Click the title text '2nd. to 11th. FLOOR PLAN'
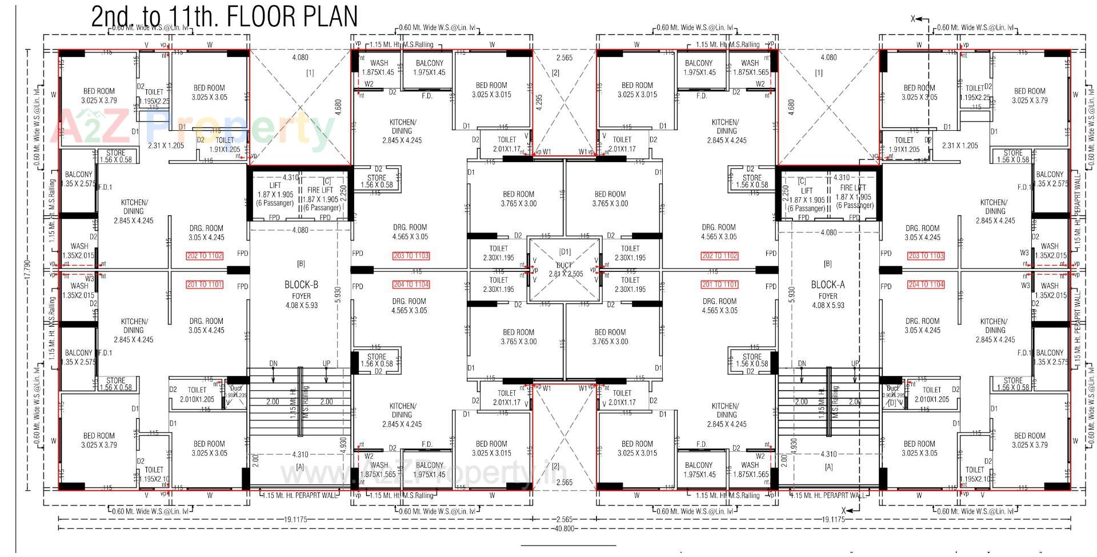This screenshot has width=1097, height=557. click(x=224, y=16)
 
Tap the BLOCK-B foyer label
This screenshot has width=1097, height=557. click(x=301, y=284)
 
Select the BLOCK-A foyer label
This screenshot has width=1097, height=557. click(x=827, y=284)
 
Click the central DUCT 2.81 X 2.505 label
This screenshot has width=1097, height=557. click(x=566, y=270)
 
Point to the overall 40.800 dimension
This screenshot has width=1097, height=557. click(x=564, y=528)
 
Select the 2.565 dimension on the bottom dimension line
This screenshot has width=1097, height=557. click(x=564, y=519)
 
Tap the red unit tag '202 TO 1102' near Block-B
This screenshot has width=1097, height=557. click(x=205, y=256)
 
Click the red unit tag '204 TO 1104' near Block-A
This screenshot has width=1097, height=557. click(x=926, y=284)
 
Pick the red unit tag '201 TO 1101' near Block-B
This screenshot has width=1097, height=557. click(x=205, y=284)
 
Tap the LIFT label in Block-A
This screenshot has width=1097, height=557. click(x=806, y=191)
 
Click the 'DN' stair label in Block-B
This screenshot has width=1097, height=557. click(x=273, y=363)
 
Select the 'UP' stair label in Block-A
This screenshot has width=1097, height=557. click(x=855, y=363)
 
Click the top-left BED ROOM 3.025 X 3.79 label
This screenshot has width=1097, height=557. click(x=99, y=95)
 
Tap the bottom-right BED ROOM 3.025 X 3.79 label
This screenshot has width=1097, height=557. click(x=1030, y=440)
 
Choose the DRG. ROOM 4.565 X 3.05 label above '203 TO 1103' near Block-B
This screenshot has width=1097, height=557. click(x=410, y=231)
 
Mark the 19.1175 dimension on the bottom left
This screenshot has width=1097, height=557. click(x=295, y=519)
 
